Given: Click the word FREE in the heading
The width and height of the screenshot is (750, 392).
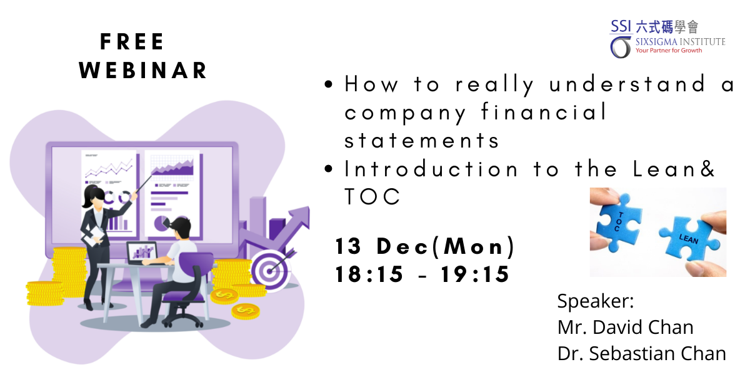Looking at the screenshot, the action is (132, 42).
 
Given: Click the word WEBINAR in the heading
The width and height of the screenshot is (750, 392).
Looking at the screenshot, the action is (143, 71).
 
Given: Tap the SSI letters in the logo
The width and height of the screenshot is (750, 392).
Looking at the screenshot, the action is (621, 26).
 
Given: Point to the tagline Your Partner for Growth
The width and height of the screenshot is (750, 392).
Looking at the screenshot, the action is (669, 51).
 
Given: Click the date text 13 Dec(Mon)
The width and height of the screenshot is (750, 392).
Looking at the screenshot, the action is (425, 246).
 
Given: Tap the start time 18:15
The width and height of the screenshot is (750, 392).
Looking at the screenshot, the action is (369, 274).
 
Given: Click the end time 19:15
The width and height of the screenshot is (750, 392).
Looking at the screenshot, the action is (475, 274).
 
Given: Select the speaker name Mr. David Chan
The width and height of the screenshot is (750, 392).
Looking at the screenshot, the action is (625, 327).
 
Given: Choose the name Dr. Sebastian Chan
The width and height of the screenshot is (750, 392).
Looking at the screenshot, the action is (641, 353).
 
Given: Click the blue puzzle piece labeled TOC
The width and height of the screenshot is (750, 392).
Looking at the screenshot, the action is (618, 222).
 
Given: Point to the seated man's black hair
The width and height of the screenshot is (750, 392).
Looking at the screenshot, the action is (180, 224).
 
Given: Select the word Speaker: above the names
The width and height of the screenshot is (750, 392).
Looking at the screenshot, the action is (596, 301).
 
